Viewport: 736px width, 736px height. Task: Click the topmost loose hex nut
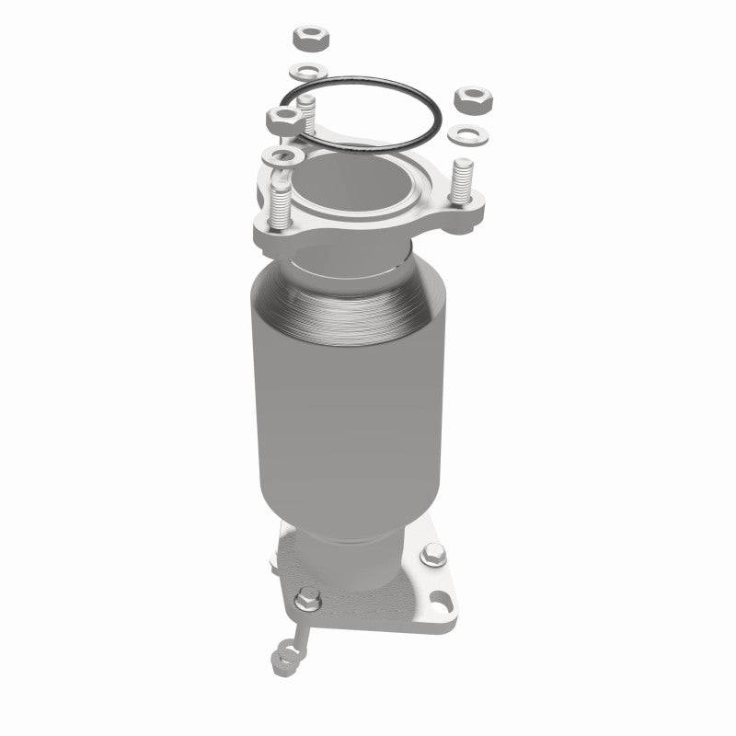tap(306, 39)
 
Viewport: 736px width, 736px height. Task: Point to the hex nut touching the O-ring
tap(282, 117)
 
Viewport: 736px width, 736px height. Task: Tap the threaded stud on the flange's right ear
tap(462, 180)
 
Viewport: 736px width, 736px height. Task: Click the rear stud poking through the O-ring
tap(306, 117)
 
